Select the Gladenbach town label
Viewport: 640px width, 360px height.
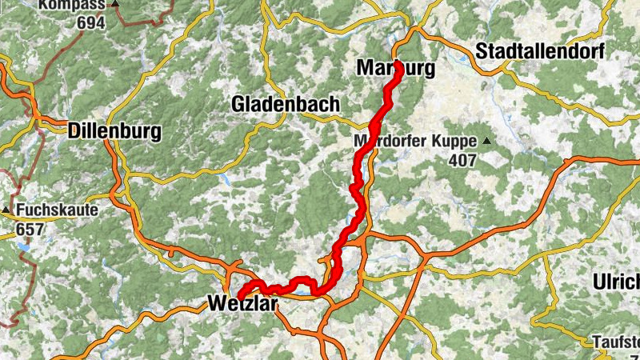coord(285,104)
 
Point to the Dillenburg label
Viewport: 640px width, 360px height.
coord(115,130)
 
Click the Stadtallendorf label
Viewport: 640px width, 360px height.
coord(541,51)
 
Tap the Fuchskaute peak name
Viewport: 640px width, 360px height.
coord(57,211)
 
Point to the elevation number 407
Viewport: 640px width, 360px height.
coord(462,161)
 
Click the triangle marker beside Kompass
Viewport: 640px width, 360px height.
coord(116,5)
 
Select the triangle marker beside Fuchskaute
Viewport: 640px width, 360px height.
coord(6,211)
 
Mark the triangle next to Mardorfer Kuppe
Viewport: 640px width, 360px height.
coord(486,142)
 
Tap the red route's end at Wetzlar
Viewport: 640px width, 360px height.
coord(240,298)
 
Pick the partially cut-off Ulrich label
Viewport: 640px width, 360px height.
coord(617,282)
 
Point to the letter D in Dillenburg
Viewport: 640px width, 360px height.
coord(76,130)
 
